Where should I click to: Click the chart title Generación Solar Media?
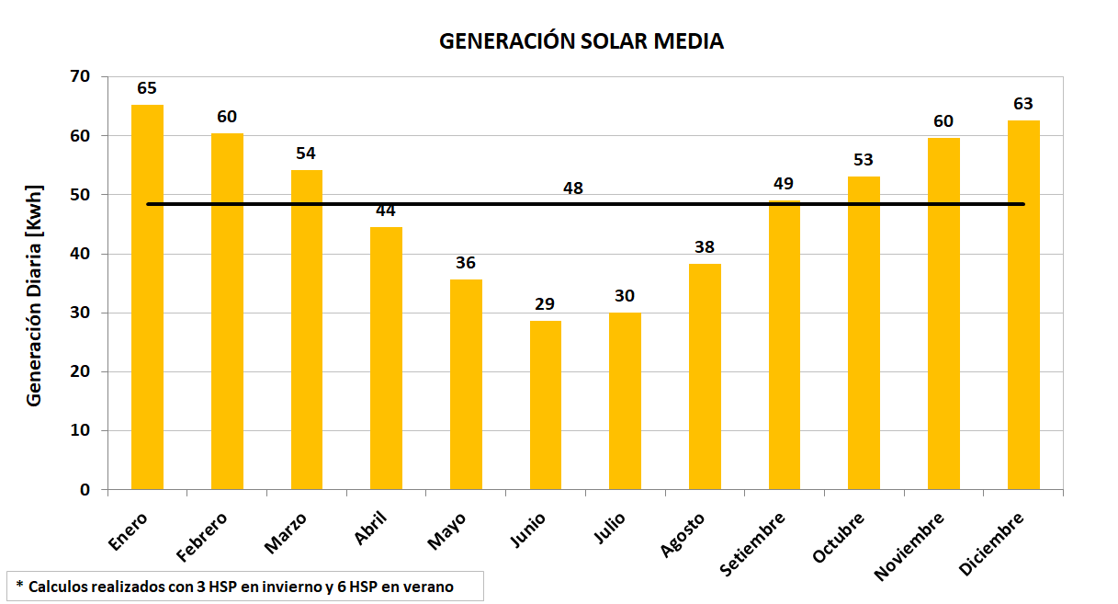581,41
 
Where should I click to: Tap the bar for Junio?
546,405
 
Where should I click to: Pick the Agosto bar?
705,376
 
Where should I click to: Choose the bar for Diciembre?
1023,304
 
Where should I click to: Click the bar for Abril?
386,358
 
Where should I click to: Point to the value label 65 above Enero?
147,88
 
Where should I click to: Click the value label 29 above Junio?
546,304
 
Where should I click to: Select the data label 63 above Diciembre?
1023,104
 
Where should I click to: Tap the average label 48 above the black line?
573,188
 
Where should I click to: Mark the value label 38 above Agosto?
705,247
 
